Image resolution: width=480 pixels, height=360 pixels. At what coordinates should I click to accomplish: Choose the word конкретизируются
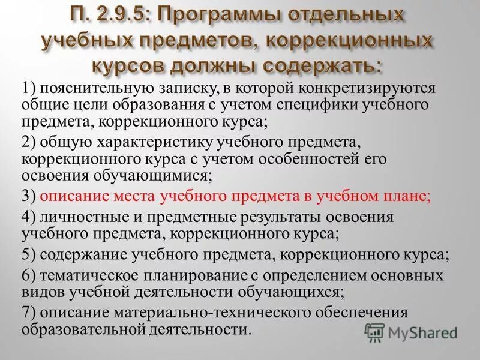(364, 89)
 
